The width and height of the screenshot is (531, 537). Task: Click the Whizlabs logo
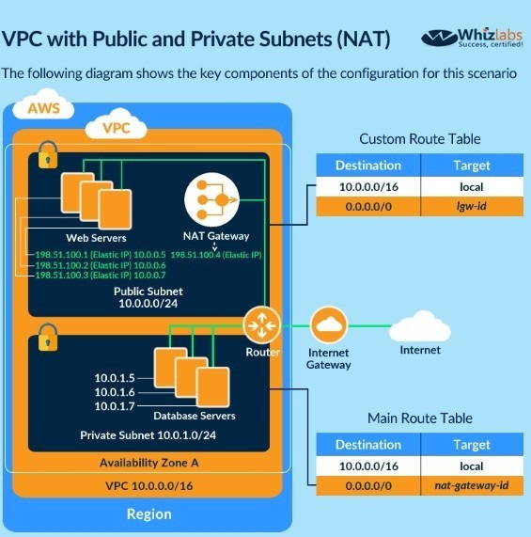tap(472, 38)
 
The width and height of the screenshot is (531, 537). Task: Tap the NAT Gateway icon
tap(211, 199)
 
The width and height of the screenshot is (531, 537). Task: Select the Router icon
tap(261, 325)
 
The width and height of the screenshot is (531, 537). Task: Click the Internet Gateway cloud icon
tap(328, 325)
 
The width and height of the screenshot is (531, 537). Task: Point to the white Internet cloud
tap(420, 326)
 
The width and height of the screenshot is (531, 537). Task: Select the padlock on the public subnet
tap(48, 155)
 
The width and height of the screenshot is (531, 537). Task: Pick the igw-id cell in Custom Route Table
tap(472, 206)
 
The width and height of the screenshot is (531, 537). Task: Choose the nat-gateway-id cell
tap(472, 485)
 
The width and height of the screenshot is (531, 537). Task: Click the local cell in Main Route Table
tap(472, 466)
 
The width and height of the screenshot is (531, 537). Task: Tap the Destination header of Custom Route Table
tap(368, 166)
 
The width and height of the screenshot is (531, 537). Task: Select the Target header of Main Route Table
tap(472, 445)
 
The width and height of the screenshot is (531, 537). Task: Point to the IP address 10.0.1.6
tap(115, 392)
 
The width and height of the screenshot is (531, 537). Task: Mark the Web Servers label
tap(96, 238)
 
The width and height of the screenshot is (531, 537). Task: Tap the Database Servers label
tap(195, 416)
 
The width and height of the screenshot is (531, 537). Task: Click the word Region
tap(148, 514)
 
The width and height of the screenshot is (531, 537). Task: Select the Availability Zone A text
tap(148, 463)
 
